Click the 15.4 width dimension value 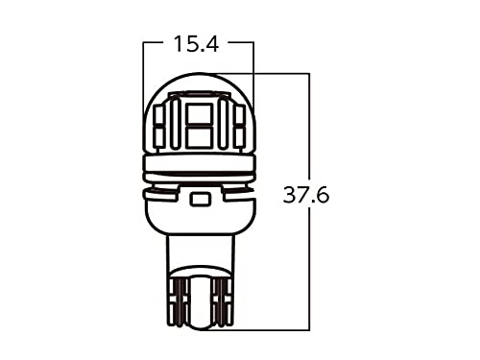197,43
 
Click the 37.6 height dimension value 306,197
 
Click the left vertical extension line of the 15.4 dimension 142,77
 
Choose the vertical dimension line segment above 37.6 308,125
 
